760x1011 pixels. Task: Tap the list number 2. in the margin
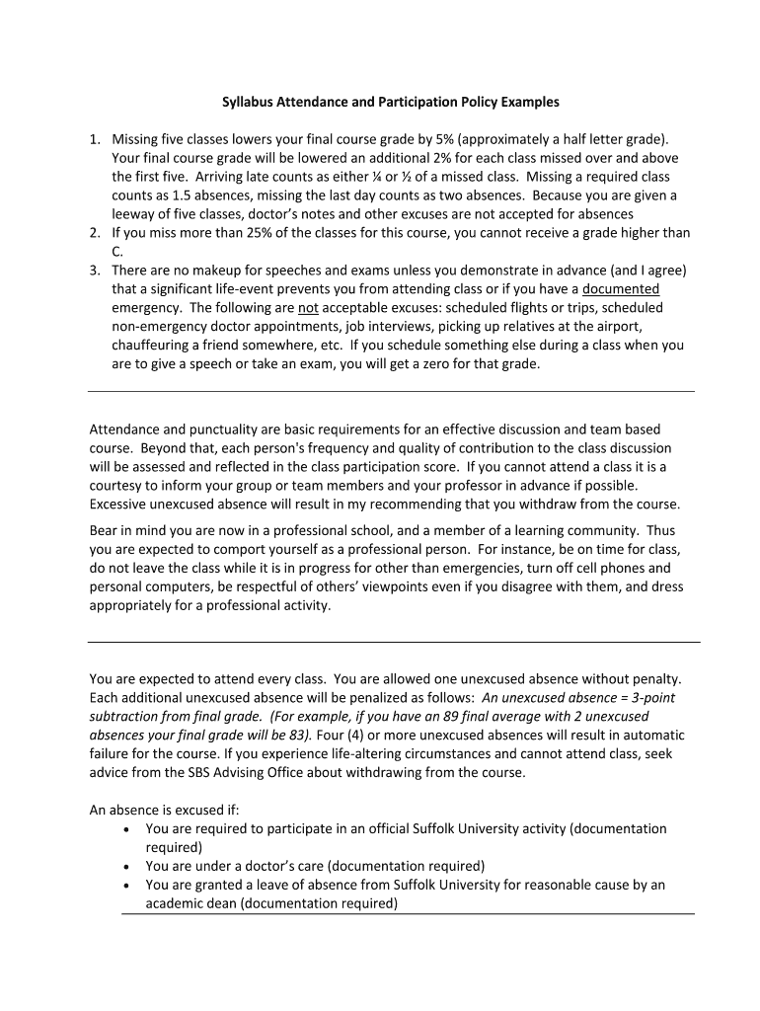tap(95, 233)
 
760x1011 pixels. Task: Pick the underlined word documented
tap(621, 288)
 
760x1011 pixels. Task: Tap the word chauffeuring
tap(150, 346)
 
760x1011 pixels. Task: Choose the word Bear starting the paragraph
tap(105, 530)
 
